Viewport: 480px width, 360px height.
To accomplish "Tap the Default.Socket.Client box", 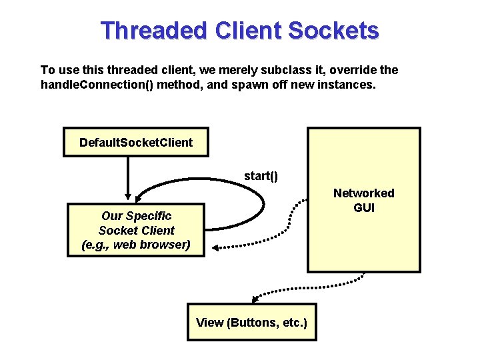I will pyautogui.click(x=135, y=142).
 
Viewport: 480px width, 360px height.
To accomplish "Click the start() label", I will pyautogui.click(x=261, y=176).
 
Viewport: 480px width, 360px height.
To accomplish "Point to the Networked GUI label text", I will pyautogui.click(x=363, y=200).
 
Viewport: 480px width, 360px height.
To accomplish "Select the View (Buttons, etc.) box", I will pyautogui.click(x=251, y=323).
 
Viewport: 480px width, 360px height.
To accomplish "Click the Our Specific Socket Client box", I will pyautogui.click(x=136, y=230).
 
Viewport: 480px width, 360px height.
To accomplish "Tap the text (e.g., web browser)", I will pyautogui.click(x=136, y=245).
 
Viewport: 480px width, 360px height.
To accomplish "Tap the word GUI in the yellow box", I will pyautogui.click(x=363, y=207).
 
